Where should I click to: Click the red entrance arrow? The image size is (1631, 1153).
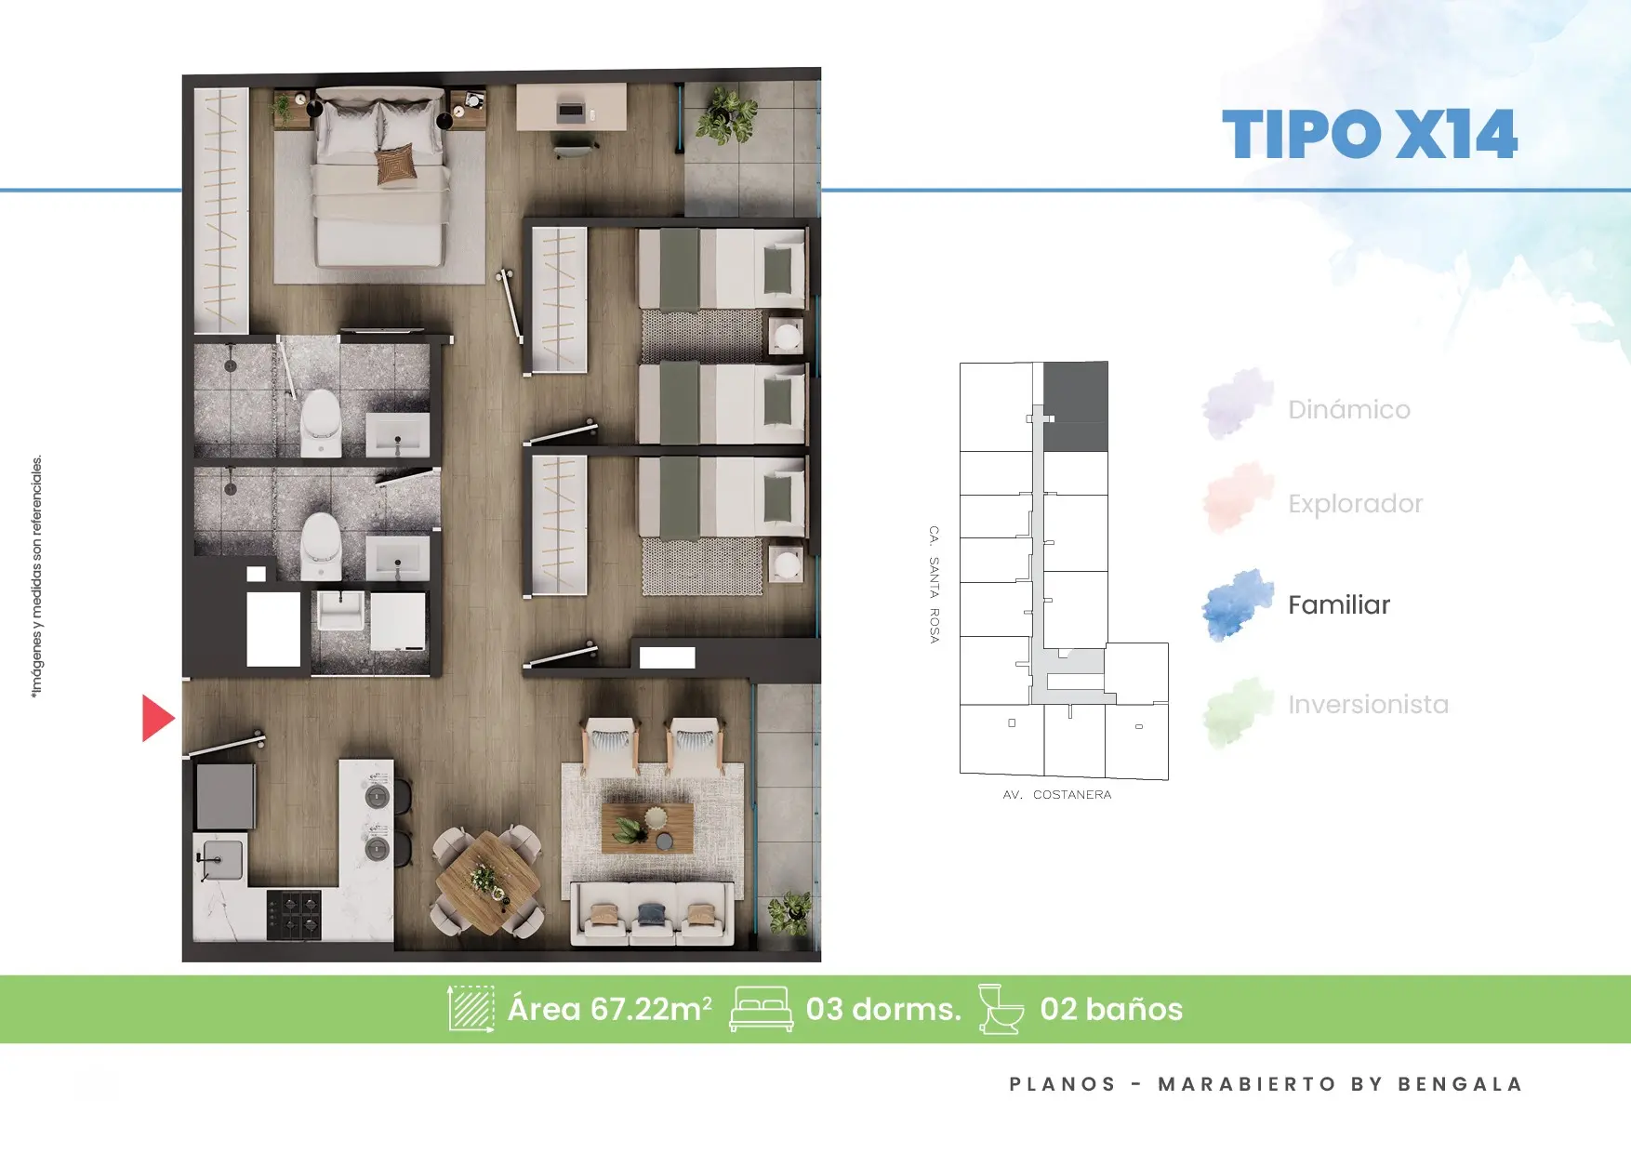point(156,718)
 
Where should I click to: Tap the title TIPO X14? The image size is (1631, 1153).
point(1369,135)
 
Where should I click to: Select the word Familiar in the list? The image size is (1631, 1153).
point(1339,604)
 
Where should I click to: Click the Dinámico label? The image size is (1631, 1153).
point(1349,409)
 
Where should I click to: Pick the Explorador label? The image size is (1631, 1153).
point(1356,503)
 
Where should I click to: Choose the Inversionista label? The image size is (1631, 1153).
point(1368,704)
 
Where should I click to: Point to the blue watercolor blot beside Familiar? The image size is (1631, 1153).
point(1237,604)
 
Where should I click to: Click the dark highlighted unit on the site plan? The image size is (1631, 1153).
point(1076,406)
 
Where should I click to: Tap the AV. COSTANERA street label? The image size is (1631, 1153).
point(1056,794)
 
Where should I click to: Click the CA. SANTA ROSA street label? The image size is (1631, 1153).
point(934,584)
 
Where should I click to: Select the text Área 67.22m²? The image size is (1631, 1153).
point(609,1009)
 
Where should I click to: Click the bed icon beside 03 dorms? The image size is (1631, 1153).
point(761,1009)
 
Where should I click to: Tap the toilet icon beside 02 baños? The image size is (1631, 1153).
point(1001,1009)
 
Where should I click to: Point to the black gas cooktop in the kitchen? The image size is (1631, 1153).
point(294,915)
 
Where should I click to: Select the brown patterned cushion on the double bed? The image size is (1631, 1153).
point(396,164)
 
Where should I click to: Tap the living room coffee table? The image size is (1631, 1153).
point(647,828)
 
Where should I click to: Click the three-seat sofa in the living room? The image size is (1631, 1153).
point(652,913)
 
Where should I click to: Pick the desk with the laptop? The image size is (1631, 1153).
point(571,108)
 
